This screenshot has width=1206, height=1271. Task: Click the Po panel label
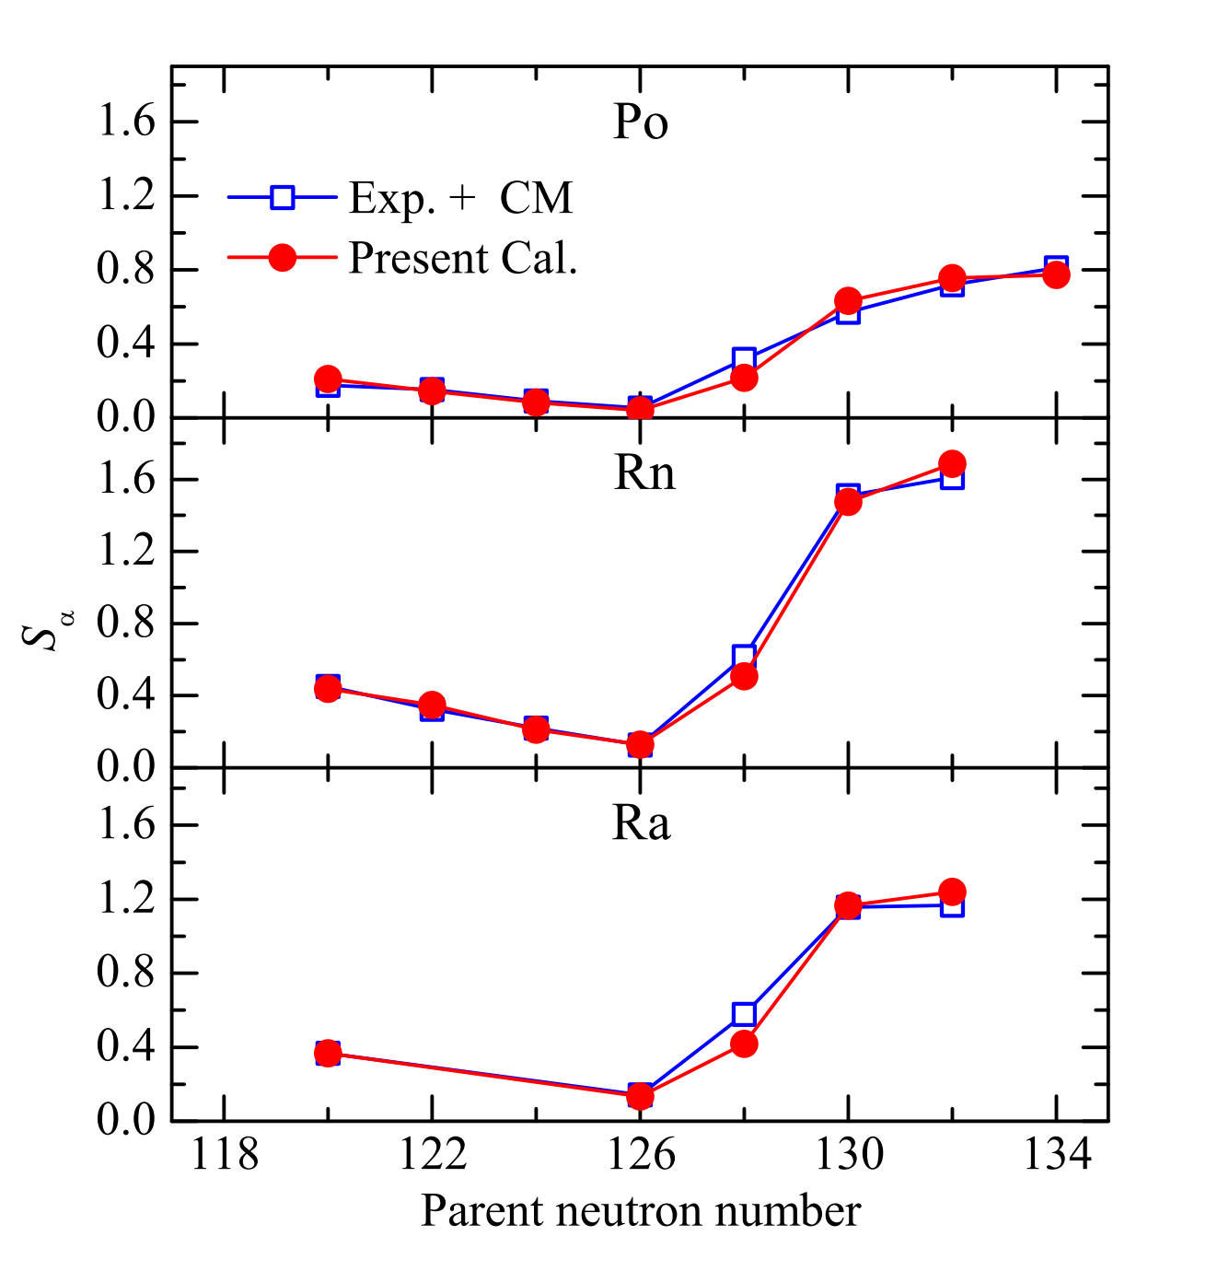(x=641, y=122)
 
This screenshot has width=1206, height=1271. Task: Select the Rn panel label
(x=644, y=472)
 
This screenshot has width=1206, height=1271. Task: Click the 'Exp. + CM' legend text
(x=460, y=198)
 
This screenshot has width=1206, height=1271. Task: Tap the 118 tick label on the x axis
(x=224, y=1153)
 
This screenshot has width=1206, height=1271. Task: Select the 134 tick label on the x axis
(x=1056, y=1153)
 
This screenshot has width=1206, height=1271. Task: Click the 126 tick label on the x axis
(x=640, y=1153)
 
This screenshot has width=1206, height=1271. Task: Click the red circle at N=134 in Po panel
(x=1056, y=274)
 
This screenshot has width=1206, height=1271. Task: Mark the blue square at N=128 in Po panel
(x=744, y=358)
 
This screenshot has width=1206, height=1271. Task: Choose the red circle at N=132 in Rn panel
(x=952, y=463)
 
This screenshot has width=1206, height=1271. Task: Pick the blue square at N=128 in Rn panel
(x=744, y=656)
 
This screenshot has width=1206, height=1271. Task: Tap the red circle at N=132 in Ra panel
(x=952, y=892)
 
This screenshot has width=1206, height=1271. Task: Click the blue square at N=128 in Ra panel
(x=744, y=1014)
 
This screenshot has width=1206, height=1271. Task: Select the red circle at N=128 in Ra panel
(x=744, y=1044)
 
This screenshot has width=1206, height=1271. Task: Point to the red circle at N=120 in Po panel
(x=328, y=378)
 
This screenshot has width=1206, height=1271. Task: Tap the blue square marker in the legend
(x=283, y=197)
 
